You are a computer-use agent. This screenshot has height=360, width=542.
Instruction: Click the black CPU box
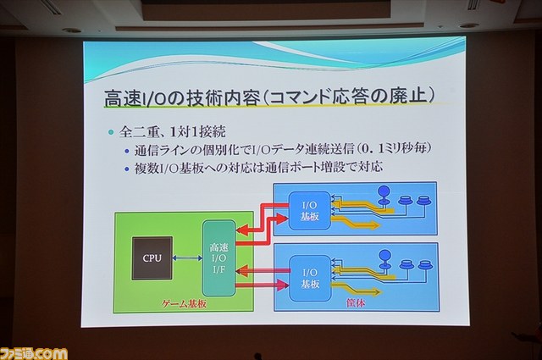point(152,258)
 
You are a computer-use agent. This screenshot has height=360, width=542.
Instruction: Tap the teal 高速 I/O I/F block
point(218,258)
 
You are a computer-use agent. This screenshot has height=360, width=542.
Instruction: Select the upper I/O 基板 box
point(310,211)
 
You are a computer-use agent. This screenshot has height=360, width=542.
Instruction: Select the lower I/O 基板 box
point(310,279)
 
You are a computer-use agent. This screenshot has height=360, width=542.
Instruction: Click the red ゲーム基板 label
point(185,304)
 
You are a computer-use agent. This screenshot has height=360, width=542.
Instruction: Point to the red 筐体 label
point(356,303)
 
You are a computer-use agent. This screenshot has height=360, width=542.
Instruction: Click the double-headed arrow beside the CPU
point(187,258)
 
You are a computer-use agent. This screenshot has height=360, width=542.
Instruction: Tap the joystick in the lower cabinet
point(384,260)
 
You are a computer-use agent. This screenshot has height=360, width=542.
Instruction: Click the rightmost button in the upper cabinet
point(422,201)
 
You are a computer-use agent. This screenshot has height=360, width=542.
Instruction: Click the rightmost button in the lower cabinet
point(423,266)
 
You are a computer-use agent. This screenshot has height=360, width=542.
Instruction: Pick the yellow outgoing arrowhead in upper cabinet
point(374,225)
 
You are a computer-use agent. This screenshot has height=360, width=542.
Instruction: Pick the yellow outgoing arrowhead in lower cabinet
point(376,292)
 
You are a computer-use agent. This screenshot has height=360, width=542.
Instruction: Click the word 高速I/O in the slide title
point(135,98)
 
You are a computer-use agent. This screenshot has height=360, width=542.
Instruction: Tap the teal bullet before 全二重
point(111,132)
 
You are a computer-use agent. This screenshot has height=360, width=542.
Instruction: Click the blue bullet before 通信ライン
point(127,151)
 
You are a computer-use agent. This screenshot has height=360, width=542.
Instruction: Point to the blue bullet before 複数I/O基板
point(127,169)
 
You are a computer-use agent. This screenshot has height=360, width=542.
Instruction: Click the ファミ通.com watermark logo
point(34,352)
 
